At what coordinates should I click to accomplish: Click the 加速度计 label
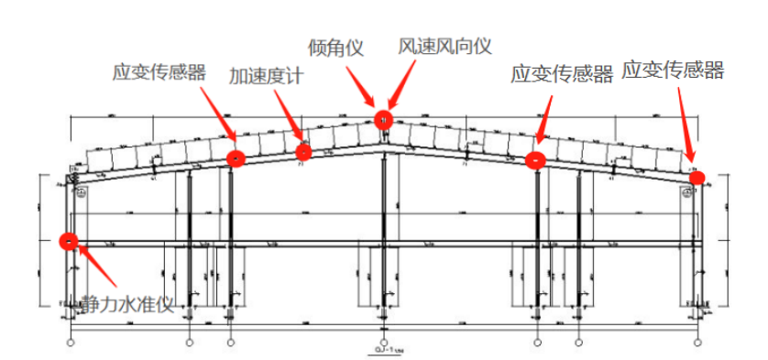(266, 76)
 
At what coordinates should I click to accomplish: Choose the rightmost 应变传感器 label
(673, 70)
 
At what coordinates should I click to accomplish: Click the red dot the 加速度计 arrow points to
(303, 151)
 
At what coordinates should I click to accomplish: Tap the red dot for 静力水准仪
(67, 241)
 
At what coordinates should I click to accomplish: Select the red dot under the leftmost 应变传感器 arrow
(236, 158)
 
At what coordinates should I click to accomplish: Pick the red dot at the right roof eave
(697, 177)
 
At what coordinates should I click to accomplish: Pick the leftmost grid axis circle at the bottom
(71, 342)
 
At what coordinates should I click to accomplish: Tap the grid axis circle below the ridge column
(383, 342)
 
